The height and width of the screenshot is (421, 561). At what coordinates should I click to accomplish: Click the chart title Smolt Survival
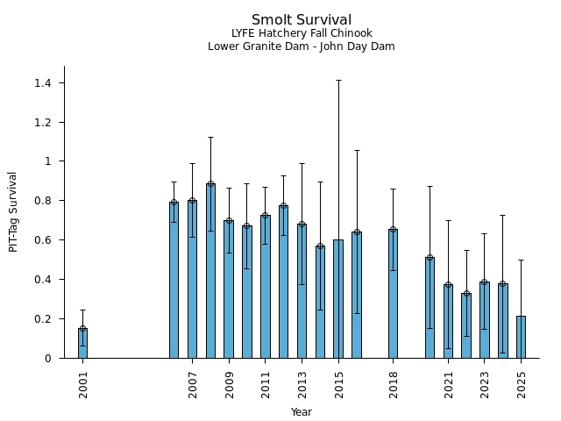[302, 20]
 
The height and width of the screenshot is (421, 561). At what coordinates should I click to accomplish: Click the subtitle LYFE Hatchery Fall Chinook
[302, 33]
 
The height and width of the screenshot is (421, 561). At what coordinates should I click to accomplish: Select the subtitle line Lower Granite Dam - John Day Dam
[302, 46]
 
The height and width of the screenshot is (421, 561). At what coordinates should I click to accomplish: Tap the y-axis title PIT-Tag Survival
[13, 211]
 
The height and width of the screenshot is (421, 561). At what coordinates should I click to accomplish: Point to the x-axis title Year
[302, 412]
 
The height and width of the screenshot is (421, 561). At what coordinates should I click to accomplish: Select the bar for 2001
[82, 343]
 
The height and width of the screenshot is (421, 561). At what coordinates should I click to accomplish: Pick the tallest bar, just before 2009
[210, 271]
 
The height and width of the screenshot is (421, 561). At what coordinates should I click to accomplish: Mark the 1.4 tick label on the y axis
[43, 82]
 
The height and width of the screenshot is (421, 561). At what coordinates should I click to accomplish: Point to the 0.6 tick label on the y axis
[43, 240]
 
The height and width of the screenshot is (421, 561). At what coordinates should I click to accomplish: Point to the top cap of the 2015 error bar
[338, 80]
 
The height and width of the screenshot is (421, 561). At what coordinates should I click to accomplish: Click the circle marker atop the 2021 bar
[448, 284]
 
